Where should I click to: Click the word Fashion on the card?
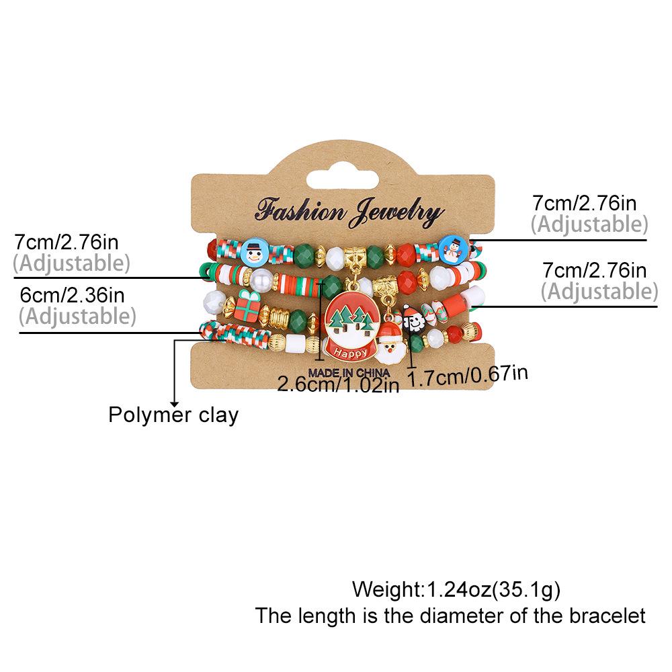tap(300, 211)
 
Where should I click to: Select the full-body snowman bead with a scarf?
tap(454, 248)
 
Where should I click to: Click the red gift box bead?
tap(248, 306)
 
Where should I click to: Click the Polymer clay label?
tap(173, 415)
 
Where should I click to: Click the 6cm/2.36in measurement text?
tap(72, 295)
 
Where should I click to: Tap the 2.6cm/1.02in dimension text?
tap(338, 384)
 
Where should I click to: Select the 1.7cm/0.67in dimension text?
tap(467, 376)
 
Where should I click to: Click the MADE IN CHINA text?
tap(349, 372)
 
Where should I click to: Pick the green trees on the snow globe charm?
tap(349, 318)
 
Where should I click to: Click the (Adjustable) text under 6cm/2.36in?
tap(77, 317)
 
